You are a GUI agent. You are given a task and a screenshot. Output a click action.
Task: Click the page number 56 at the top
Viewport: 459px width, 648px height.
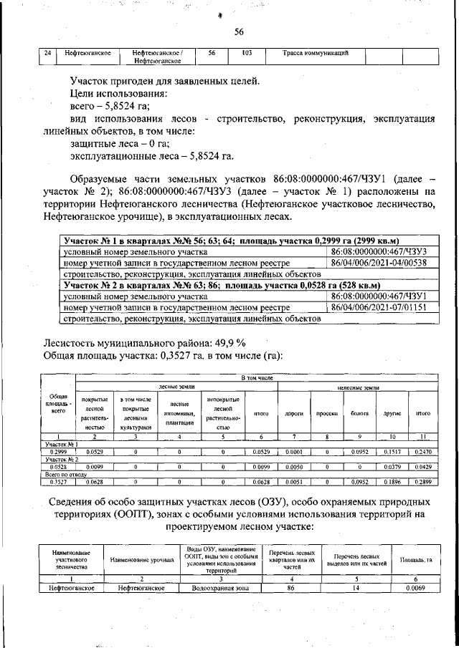tap(239, 31)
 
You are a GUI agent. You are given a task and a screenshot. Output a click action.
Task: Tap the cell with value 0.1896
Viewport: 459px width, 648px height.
tap(392, 483)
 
